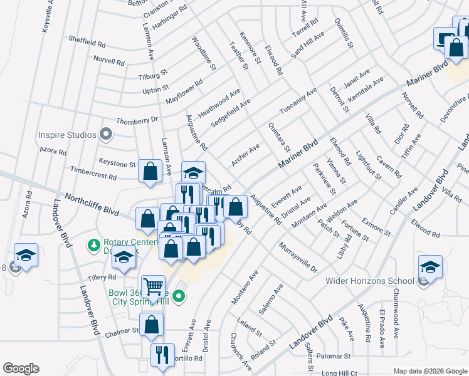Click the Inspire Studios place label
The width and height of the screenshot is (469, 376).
point(68,135)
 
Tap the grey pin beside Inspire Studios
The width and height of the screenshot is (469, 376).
point(106,134)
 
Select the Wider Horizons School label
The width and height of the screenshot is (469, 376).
point(369,280)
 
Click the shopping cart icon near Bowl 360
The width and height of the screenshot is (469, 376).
point(153,288)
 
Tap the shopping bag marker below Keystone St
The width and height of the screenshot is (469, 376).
point(150,171)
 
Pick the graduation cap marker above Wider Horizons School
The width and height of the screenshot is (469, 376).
point(430,266)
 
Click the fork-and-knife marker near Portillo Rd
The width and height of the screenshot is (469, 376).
point(163,355)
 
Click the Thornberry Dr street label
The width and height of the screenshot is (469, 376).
point(137,120)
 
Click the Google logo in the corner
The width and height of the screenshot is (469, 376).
point(21,368)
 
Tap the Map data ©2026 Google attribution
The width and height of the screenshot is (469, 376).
point(429,371)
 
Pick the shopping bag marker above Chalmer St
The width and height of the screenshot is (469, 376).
point(151,325)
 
